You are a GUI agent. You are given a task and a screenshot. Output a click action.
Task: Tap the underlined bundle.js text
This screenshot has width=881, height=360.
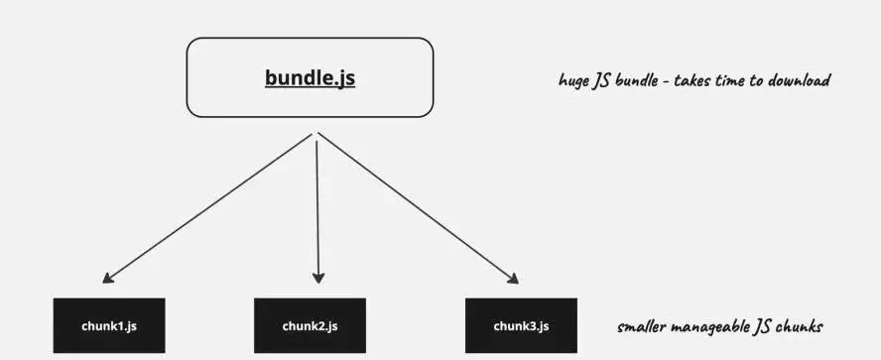click(310, 78)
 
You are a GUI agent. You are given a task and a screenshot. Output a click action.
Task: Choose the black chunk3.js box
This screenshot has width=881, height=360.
click(521, 326)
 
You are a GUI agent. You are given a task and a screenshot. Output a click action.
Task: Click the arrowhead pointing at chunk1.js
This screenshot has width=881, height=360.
click(106, 280)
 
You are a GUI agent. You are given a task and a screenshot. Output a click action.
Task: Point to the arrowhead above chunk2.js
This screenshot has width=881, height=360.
click(318, 279)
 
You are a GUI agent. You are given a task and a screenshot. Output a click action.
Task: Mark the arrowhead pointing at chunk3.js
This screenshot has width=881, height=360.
click(515, 280)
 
